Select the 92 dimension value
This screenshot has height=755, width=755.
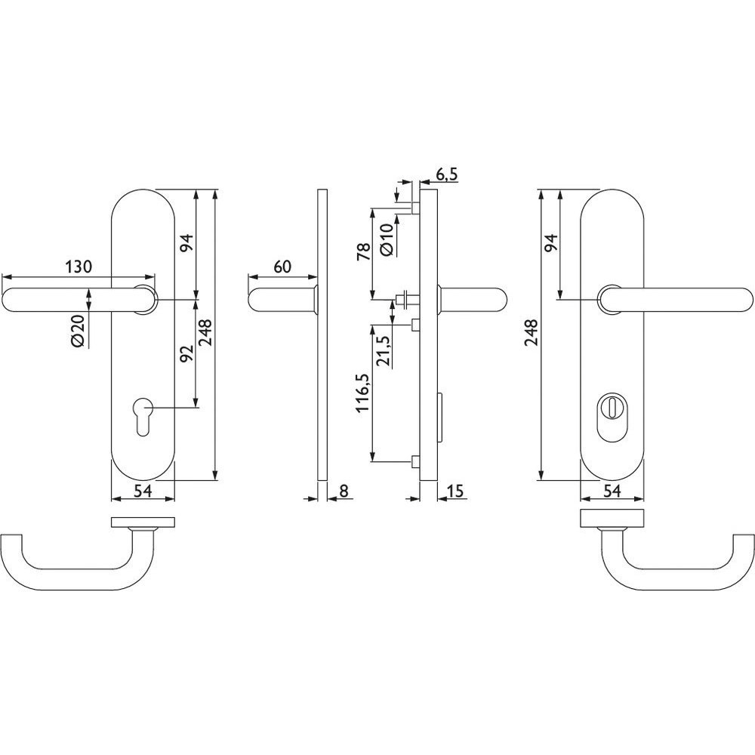[186, 353]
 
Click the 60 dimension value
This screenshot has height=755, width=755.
[282, 266]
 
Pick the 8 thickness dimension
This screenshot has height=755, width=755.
[344, 491]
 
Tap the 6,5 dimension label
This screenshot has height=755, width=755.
[447, 175]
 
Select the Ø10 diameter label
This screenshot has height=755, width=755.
[387, 239]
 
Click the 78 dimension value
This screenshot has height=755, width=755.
[363, 252]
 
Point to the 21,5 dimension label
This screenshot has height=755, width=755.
[384, 352]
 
